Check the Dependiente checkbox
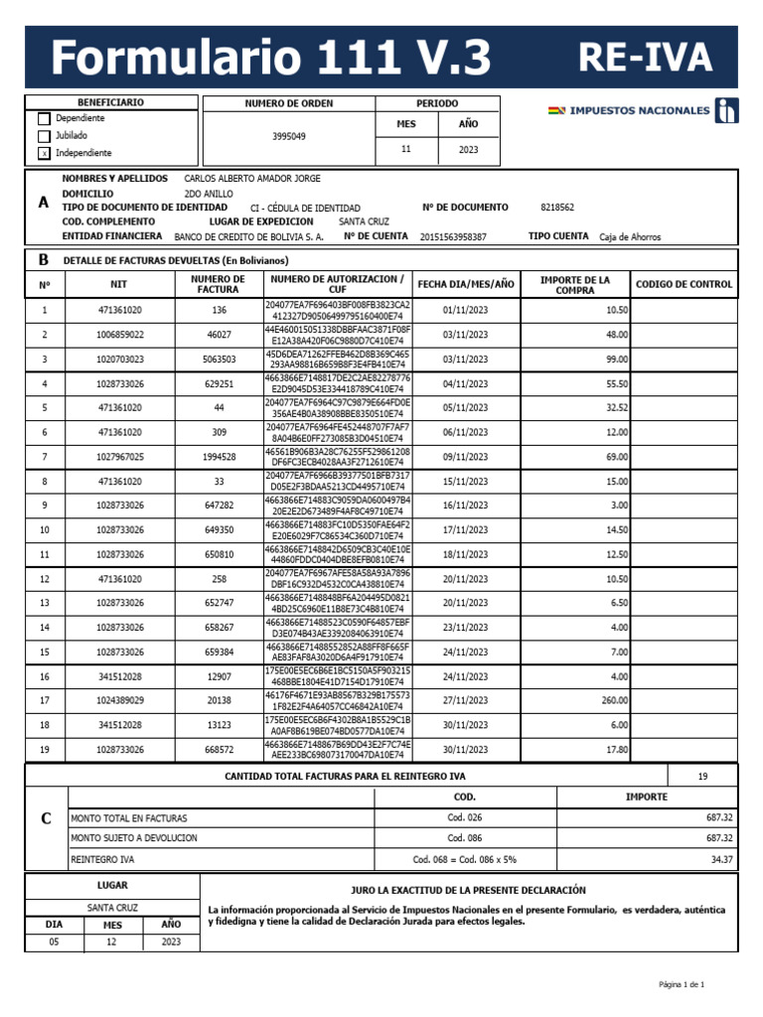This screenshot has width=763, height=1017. pos(43,119)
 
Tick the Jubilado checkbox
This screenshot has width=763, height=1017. pos(43,136)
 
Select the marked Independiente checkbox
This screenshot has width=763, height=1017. pos(43,154)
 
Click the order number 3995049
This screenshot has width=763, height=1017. pos(289,136)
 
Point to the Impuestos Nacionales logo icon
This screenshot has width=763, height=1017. pos(729,111)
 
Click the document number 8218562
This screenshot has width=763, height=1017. pos(557,208)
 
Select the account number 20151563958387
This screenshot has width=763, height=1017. pos(453,237)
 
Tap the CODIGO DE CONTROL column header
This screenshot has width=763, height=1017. pos(685,284)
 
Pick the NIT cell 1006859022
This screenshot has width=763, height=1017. pos(120,335)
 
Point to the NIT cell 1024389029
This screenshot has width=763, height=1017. pos(120,701)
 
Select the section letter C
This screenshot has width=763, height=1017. pos(45,819)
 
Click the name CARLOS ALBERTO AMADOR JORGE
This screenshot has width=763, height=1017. pos(252,179)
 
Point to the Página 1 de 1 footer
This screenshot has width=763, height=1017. pos(682,984)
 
